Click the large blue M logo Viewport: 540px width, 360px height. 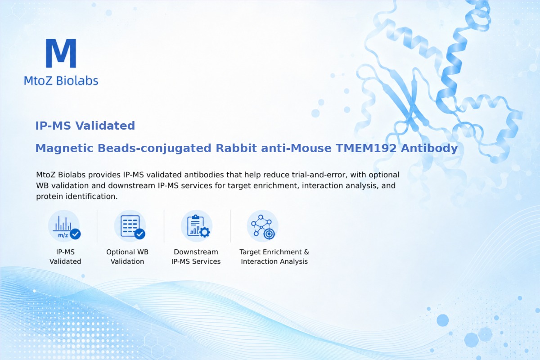tap(61, 53)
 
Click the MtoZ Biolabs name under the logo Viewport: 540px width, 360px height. tap(61, 81)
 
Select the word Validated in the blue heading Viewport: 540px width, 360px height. tap(105, 126)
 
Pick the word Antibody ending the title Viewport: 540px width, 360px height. tap(429, 148)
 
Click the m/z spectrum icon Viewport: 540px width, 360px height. tap(64, 226)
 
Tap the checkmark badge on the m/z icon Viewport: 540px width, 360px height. tap(75, 234)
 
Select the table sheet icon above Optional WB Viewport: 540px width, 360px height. tap(130, 226)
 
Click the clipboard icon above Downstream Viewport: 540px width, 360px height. tap(197, 226)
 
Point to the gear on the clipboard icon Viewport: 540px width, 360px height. tap(205, 232)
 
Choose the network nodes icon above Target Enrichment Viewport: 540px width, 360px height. tap(262, 226)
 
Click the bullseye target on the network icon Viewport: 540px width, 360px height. tap(269, 234)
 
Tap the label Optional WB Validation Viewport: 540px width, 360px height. tap(127, 256)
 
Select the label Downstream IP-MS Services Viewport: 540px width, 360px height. tap(196, 256)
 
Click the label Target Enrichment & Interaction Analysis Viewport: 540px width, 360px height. tap(274, 256)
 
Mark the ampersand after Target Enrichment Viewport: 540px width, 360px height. tap(306, 252)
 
